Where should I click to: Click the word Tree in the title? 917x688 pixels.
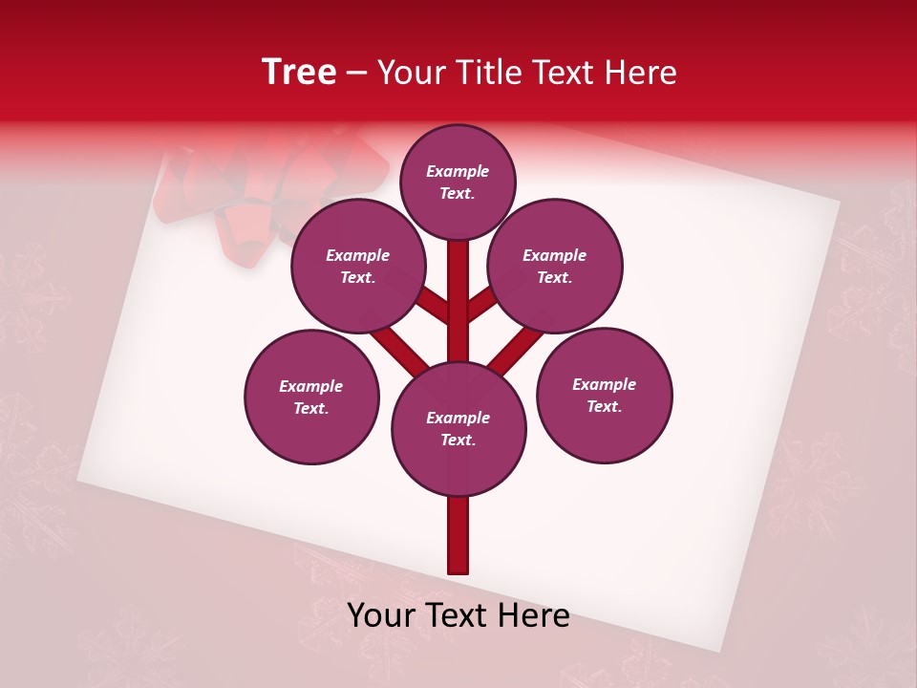click(x=299, y=73)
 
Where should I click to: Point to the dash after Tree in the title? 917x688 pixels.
click(x=357, y=74)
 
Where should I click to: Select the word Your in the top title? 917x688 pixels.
click(x=410, y=73)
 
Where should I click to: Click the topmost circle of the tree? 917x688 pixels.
click(x=458, y=182)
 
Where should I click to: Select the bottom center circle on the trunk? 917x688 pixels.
click(x=458, y=429)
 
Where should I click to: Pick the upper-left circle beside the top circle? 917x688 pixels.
click(x=358, y=267)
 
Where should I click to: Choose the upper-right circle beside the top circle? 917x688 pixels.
click(x=555, y=267)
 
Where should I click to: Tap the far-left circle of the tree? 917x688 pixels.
click(x=311, y=397)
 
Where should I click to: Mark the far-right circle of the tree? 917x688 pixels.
click(x=605, y=396)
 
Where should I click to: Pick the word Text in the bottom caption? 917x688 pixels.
click(x=453, y=616)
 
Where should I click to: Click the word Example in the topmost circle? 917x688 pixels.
click(x=458, y=171)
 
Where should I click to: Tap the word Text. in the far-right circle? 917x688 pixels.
click(x=604, y=406)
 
